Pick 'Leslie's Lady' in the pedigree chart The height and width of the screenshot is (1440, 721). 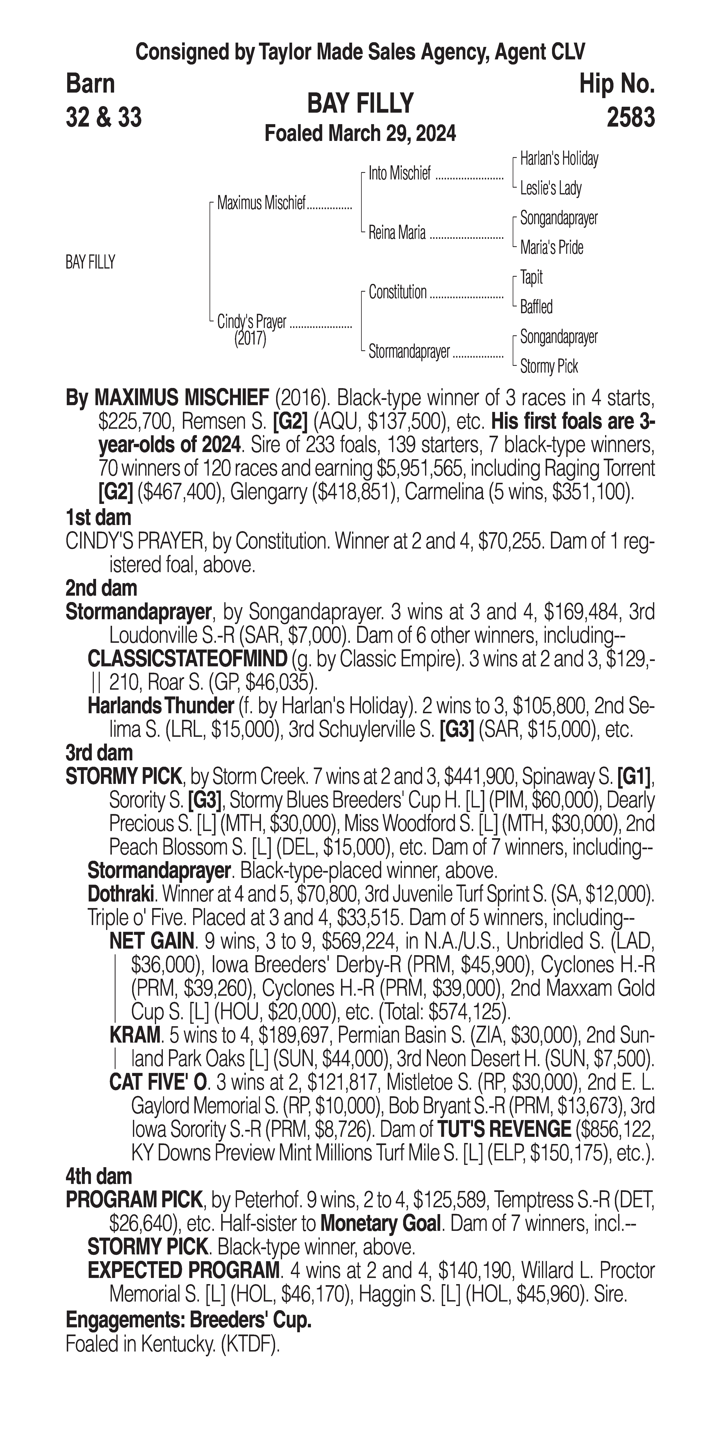pos(551,188)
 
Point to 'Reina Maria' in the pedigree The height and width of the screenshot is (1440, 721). pos(397,232)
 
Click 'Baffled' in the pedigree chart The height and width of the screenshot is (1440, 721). pos(536,307)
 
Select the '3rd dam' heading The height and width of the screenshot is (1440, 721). pos(99,753)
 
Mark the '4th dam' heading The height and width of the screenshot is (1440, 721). pos(99,1177)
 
